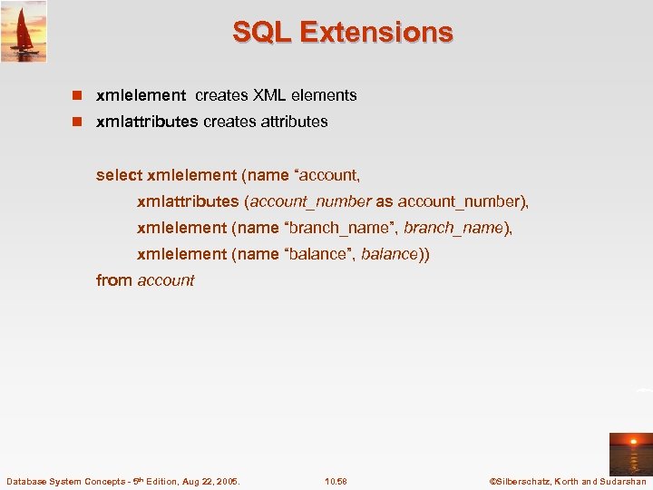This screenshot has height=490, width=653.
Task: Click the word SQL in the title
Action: click(x=262, y=33)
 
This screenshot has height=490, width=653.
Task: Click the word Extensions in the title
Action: click(x=376, y=33)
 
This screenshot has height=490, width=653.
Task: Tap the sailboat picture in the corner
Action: click(x=24, y=31)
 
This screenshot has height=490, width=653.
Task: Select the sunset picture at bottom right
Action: click(x=630, y=454)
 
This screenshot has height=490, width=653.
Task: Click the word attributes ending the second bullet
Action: click(x=293, y=122)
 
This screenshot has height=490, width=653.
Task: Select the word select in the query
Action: click(x=119, y=175)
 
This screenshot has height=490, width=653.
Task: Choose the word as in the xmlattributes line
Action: click(x=385, y=201)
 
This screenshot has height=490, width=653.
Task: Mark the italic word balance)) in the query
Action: click(x=395, y=254)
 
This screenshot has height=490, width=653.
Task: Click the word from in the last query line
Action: click(x=114, y=280)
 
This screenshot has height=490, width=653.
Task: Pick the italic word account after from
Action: click(x=166, y=280)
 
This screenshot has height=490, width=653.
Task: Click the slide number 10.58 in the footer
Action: click(x=336, y=481)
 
